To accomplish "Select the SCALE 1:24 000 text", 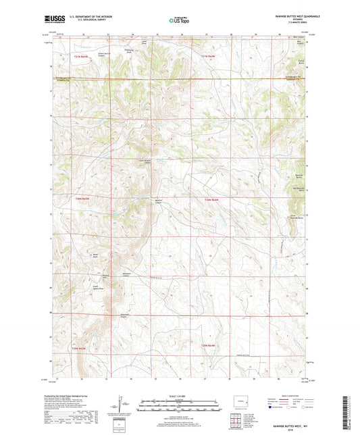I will click(x=179, y=395).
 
